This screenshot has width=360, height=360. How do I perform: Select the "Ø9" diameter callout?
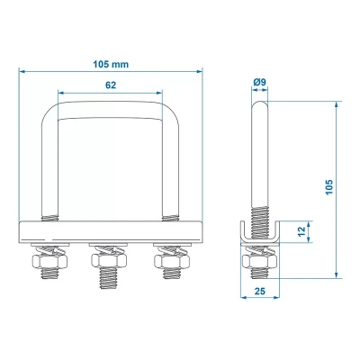pos(259,83)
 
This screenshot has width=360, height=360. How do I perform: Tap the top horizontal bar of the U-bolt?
pos(110,106)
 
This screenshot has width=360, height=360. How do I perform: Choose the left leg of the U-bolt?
pos(52,171)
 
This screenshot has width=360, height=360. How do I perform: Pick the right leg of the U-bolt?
pos(167,171)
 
